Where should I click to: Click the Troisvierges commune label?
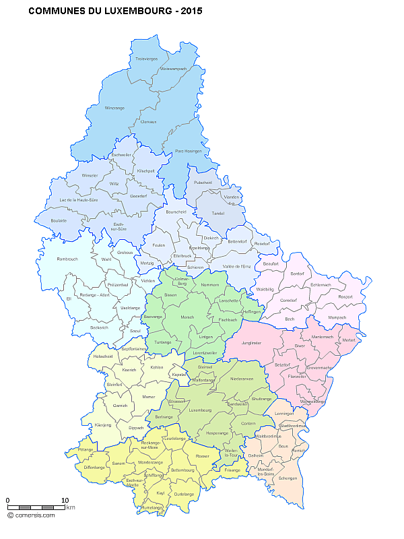click(x=145, y=59)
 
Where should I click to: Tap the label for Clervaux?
click(x=147, y=121)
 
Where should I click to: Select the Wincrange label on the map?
click(x=114, y=108)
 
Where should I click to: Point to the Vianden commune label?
click(x=231, y=197)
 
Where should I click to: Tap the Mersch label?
click(x=188, y=317)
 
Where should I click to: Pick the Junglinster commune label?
click(x=250, y=343)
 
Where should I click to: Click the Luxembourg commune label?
click(x=201, y=410)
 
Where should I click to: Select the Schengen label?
click(x=288, y=478)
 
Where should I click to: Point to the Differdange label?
click(x=94, y=467)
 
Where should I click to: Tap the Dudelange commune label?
click(x=184, y=495)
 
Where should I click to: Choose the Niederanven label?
click(x=242, y=379)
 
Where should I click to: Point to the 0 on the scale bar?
click(x=7, y=500)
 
